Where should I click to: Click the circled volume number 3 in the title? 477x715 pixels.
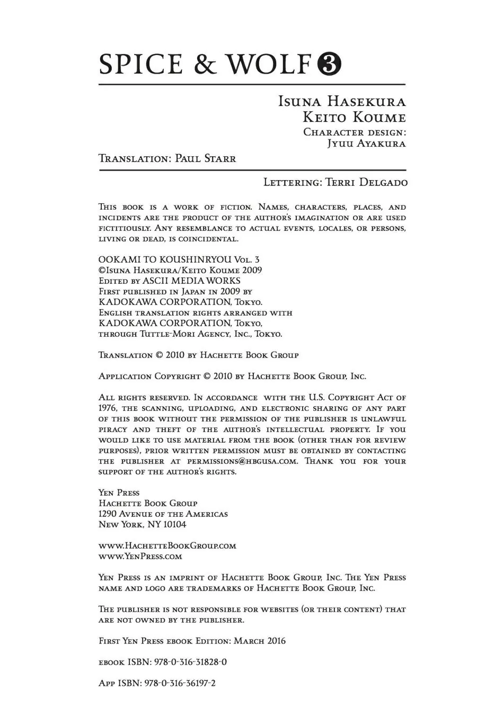coord(329,65)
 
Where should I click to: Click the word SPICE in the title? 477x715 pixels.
coord(140,65)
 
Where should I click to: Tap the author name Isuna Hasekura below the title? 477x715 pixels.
coord(342,101)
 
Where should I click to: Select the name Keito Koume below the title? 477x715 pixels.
coord(354,117)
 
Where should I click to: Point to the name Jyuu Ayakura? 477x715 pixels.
coord(366,143)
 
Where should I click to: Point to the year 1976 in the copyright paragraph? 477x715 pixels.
coord(108,408)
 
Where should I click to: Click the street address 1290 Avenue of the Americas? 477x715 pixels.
coord(163,514)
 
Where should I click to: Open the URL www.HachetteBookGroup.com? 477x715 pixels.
coord(167,546)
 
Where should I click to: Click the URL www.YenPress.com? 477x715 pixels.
coord(140,556)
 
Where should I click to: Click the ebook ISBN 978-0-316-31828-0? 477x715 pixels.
coord(190,662)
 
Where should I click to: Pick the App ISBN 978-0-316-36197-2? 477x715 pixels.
coord(180,683)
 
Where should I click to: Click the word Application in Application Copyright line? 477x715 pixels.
coord(125,377)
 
